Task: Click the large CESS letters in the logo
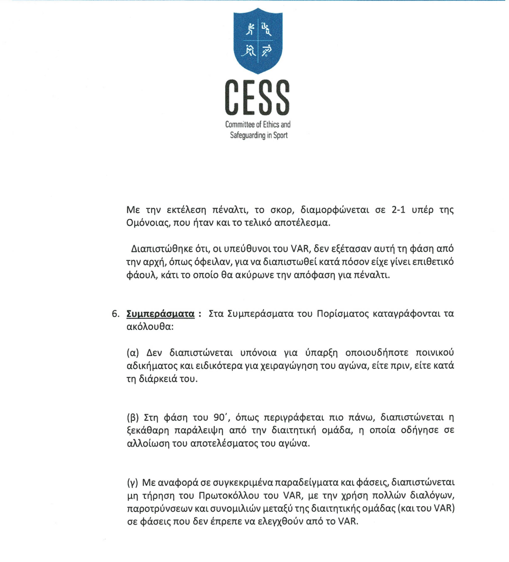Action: [x=257, y=98]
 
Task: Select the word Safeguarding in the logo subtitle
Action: [x=247, y=135]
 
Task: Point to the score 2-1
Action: [x=398, y=210]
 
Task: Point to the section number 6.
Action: [x=115, y=314]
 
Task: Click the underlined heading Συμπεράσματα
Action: [x=160, y=314]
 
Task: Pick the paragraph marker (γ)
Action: [x=132, y=482]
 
